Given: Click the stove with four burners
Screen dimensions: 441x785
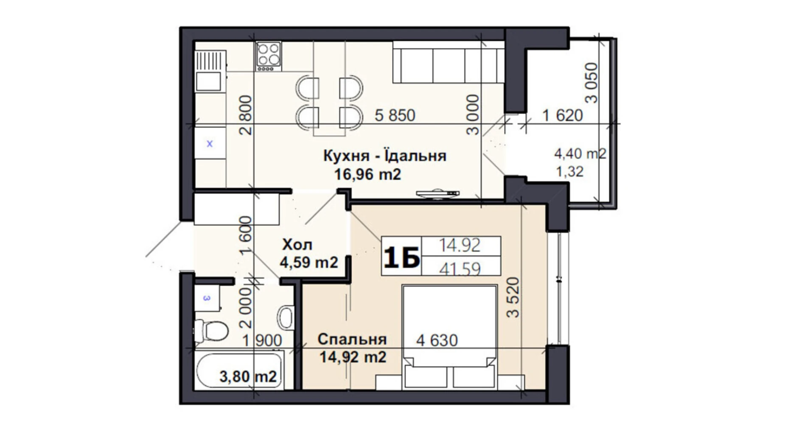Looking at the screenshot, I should (268, 56).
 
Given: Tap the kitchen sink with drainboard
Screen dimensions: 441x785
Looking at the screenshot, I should (210, 71).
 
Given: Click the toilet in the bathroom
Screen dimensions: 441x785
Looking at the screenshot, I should (211, 330).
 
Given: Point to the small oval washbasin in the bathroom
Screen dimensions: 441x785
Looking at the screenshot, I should (286, 317).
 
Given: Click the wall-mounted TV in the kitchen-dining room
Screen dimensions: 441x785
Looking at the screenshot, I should (438, 194).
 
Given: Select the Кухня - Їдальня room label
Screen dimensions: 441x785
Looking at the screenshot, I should (384, 156).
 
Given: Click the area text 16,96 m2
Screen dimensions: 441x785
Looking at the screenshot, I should (367, 174).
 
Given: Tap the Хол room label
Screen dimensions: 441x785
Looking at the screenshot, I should (297, 245).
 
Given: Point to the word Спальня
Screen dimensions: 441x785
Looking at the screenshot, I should (352, 339).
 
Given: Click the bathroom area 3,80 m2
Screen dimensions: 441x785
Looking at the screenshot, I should (248, 376).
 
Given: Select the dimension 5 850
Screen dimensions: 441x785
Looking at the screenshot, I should (395, 115).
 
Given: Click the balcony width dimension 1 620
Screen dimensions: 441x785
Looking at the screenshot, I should (562, 115).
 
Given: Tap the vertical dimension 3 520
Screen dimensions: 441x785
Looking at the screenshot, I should (513, 297).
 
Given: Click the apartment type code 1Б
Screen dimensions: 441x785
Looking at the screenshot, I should (401, 257).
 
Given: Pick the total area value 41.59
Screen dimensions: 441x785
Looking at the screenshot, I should (460, 268).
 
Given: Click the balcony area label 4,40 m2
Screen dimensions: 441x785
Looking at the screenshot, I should (580, 154).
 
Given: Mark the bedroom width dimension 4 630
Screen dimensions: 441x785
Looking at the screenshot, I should (437, 340).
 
